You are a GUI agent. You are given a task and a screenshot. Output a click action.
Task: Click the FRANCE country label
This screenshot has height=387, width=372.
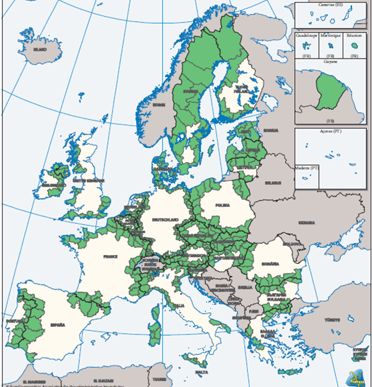pyautogui.click(x=109, y=256)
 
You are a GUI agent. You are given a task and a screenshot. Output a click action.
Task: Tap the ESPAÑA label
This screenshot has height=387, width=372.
pyautogui.click(x=57, y=325)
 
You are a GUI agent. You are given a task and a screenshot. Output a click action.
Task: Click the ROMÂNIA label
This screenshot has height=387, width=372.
pyautogui.click(x=272, y=264)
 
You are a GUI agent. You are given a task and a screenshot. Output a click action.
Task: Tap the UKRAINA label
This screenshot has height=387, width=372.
pyautogui.click(x=307, y=222)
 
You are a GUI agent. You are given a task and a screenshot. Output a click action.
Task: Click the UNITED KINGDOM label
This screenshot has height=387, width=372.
pyautogui.click(x=89, y=181)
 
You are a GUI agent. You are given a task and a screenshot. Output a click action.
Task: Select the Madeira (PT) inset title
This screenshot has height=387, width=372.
pyautogui.click(x=307, y=168)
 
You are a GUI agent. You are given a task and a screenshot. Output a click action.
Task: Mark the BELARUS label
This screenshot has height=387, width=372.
pyautogui.click(x=273, y=182)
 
